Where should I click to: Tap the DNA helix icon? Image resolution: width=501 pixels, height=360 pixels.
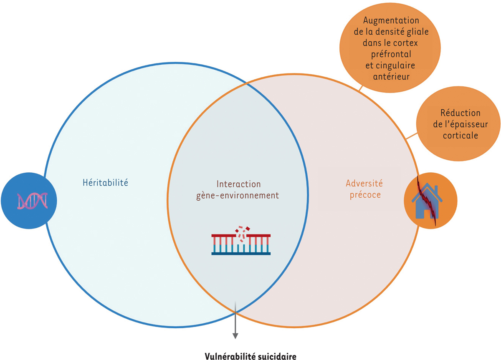point(32,201)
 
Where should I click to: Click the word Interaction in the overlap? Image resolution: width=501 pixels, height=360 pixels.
point(238,184)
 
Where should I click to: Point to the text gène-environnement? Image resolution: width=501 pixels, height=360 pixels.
point(238,195)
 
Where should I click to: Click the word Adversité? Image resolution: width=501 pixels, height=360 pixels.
point(364,183)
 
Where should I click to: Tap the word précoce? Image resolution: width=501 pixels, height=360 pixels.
point(364,194)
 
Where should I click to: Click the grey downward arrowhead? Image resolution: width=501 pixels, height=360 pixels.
point(235,335)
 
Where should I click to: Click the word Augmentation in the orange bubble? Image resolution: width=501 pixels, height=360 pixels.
point(391,20)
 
